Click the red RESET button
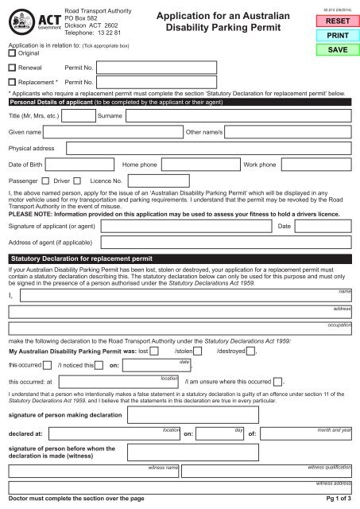pos(327,22)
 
